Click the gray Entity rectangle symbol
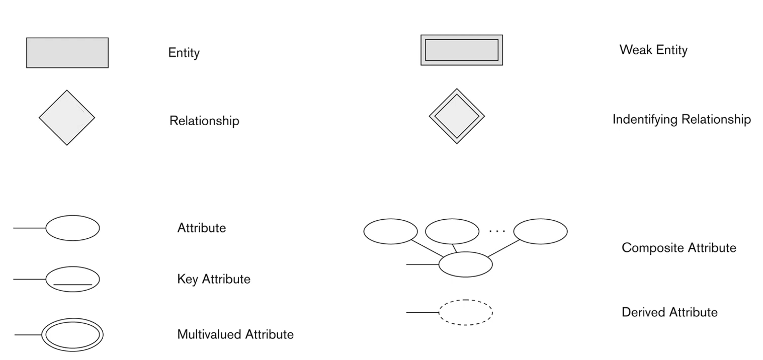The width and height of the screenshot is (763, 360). click(x=67, y=53)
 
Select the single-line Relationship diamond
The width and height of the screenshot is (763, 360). click(x=67, y=118)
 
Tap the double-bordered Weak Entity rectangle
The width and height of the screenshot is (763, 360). click(x=461, y=50)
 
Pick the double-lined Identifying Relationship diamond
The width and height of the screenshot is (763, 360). click(x=457, y=116)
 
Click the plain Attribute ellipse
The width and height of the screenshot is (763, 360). click(x=72, y=228)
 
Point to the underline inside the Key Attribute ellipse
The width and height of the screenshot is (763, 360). click(x=72, y=285)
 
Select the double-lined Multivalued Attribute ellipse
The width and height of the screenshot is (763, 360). click(x=72, y=334)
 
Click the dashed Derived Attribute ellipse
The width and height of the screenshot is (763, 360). click(x=466, y=312)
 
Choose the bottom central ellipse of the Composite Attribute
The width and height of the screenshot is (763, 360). click(x=465, y=264)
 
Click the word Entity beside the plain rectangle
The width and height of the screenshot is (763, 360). click(x=184, y=53)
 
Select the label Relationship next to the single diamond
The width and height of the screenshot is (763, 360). click(x=204, y=121)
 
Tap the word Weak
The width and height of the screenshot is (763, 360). click(x=633, y=50)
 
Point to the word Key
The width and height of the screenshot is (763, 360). click(x=188, y=279)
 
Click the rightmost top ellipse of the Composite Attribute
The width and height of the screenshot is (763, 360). click(x=540, y=231)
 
